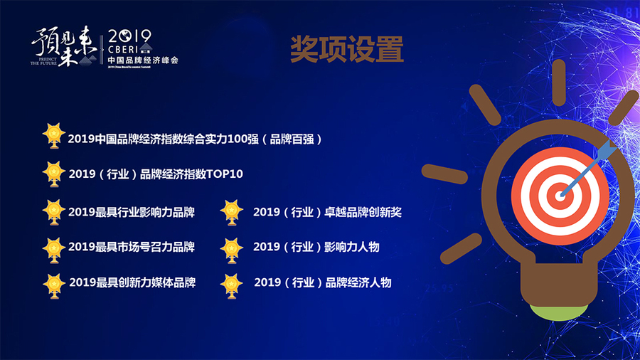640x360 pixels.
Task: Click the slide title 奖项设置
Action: click(347, 49)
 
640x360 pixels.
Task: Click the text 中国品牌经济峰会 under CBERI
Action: click(143, 61)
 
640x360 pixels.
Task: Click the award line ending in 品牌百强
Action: click(196, 139)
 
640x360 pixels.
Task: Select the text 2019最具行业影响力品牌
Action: click(132, 211)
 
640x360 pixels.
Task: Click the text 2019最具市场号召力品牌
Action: click(132, 247)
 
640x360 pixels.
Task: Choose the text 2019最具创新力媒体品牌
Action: click(132, 282)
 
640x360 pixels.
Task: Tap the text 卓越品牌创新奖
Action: click(362, 211)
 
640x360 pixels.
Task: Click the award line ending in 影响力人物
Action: click(316, 247)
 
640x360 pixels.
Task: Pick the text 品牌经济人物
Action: click(358, 282)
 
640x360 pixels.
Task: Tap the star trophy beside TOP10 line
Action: click(53, 172)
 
